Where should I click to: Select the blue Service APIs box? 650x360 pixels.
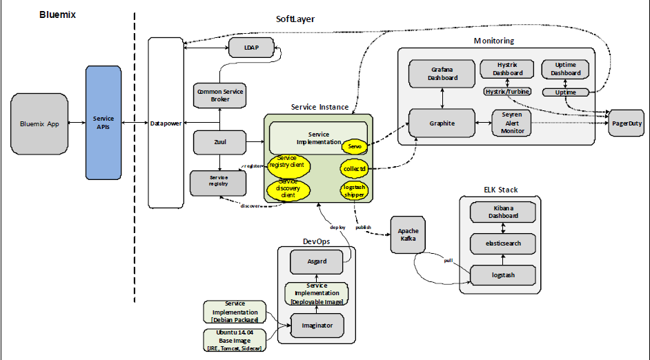[104, 123]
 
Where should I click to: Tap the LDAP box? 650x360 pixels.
[250, 48]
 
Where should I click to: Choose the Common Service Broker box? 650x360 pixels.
[219, 95]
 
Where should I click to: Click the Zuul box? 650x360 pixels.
[219, 143]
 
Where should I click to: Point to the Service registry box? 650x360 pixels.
[218, 181]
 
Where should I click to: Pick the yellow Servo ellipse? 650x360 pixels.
[355, 146]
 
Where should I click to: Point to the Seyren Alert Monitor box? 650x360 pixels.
[513, 122]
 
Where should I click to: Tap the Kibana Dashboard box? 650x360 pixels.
[502, 212]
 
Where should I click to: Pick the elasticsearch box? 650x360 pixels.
[502, 243]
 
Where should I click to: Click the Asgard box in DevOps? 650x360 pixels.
[317, 261]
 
